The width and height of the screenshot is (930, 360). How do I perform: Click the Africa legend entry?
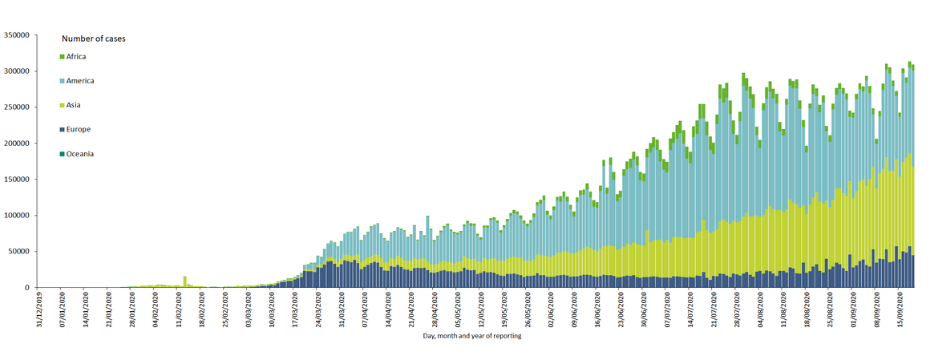(x=76, y=57)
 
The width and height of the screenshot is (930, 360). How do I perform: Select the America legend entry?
(x=79, y=81)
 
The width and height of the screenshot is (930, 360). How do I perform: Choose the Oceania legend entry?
(x=80, y=153)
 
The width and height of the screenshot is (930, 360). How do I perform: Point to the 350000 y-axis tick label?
(x=17, y=35)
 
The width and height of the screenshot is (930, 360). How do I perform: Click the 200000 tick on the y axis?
(x=17, y=144)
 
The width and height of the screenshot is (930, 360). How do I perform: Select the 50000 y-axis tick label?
(x=18, y=252)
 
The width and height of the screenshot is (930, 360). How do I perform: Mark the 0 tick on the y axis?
(x=27, y=288)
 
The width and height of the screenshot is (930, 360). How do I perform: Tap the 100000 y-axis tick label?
(x=17, y=216)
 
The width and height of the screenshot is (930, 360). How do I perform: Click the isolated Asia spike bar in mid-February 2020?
(x=185, y=281)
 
